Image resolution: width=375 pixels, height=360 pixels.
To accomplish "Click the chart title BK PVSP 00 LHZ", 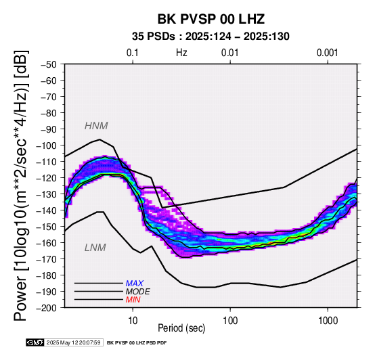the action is point(211,19).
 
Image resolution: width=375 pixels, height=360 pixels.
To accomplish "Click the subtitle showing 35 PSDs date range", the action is point(211,37).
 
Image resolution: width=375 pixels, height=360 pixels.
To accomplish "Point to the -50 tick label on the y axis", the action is point(49,64).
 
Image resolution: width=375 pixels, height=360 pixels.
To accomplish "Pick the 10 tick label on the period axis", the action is point(133,321).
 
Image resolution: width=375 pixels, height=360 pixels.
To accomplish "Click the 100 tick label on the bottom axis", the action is point(230,321).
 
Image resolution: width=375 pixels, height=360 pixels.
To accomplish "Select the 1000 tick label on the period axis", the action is point(328,321).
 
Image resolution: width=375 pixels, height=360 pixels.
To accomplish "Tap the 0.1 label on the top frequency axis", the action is point(133,53).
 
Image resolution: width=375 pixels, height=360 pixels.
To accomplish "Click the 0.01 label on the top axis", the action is point(230,53).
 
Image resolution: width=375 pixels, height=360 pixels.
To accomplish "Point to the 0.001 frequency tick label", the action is point(328,53).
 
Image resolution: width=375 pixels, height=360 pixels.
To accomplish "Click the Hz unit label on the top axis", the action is point(181,53).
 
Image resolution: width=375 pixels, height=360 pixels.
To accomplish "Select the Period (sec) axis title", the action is point(181,328).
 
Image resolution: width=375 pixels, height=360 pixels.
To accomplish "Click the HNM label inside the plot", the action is point(96,126).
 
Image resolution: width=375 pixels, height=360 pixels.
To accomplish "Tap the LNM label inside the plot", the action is point(95,248).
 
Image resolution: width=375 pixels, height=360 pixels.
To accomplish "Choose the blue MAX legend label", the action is point(135,284).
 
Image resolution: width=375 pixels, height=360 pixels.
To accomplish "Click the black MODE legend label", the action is point(138,292).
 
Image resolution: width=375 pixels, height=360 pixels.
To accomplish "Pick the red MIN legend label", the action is point(133,300).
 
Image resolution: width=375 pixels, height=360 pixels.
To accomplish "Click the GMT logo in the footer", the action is point(35,342).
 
